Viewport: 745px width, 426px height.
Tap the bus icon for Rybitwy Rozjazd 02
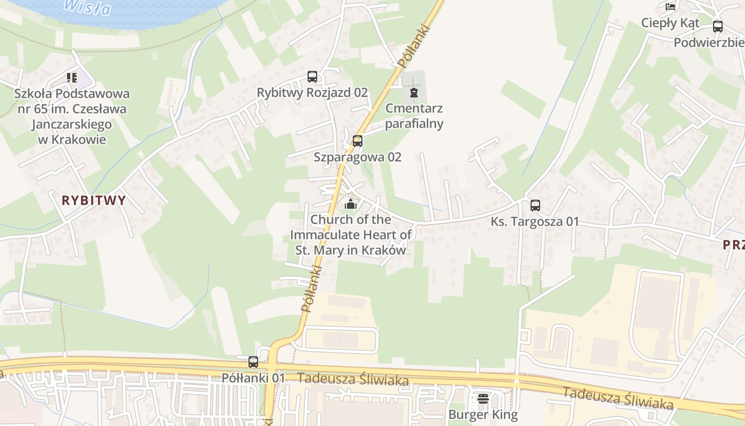[x=312, y=77]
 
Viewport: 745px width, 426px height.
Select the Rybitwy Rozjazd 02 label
[x=312, y=93]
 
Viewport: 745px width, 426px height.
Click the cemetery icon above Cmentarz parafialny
[x=413, y=93]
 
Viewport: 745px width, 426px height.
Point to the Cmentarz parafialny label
[x=414, y=116]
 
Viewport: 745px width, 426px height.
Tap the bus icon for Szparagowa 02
[x=358, y=141]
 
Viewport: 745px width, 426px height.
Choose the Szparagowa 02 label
[x=358, y=157]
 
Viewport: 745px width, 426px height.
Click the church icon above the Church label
[x=350, y=203]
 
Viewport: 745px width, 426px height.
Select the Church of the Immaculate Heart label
[x=351, y=235]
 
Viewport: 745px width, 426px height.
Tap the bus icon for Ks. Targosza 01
[x=535, y=205]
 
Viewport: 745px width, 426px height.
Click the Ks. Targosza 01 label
[x=535, y=222]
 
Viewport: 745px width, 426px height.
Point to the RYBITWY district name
[x=94, y=201]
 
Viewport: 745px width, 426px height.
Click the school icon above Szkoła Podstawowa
[x=72, y=78]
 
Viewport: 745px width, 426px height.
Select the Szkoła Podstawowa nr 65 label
[x=72, y=117]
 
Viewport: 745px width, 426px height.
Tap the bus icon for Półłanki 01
[x=253, y=362]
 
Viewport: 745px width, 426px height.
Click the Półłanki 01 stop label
[x=253, y=378]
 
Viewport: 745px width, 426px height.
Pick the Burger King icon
[x=483, y=398]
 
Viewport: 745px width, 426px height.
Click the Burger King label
[x=483, y=414]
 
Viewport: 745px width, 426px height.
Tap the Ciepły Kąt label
[x=670, y=23]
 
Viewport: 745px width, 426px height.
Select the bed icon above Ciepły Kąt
[x=670, y=7]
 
